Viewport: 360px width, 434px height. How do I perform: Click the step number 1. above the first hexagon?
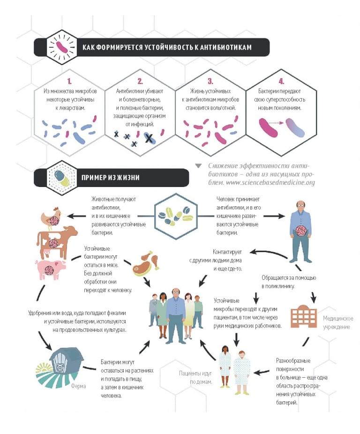pos(69,81)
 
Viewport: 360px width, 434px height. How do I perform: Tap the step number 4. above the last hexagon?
pos(281,81)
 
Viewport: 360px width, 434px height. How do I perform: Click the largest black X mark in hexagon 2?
pos(149,138)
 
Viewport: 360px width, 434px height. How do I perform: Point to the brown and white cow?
pos(56,241)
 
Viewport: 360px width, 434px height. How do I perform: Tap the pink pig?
pos(51,269)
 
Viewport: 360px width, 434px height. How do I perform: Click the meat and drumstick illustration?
pos(146,263)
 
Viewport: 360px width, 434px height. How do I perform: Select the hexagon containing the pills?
pos(176,216)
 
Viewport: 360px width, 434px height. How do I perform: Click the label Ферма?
pos(78,386)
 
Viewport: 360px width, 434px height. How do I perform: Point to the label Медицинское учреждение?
pos(338,322)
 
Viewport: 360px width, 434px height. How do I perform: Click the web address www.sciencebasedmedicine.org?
pos(270,183)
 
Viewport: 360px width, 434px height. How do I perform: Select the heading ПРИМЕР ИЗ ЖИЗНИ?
pos(110,178)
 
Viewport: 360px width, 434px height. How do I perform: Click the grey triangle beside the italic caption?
pos(198,166)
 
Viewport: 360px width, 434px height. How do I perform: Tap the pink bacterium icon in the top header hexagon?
pos(62,47)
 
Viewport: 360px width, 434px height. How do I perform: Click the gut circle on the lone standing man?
pos(301,231)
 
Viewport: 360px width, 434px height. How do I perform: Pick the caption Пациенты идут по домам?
pos(195,378)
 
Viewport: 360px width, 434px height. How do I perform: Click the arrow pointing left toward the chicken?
pos(76,216)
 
